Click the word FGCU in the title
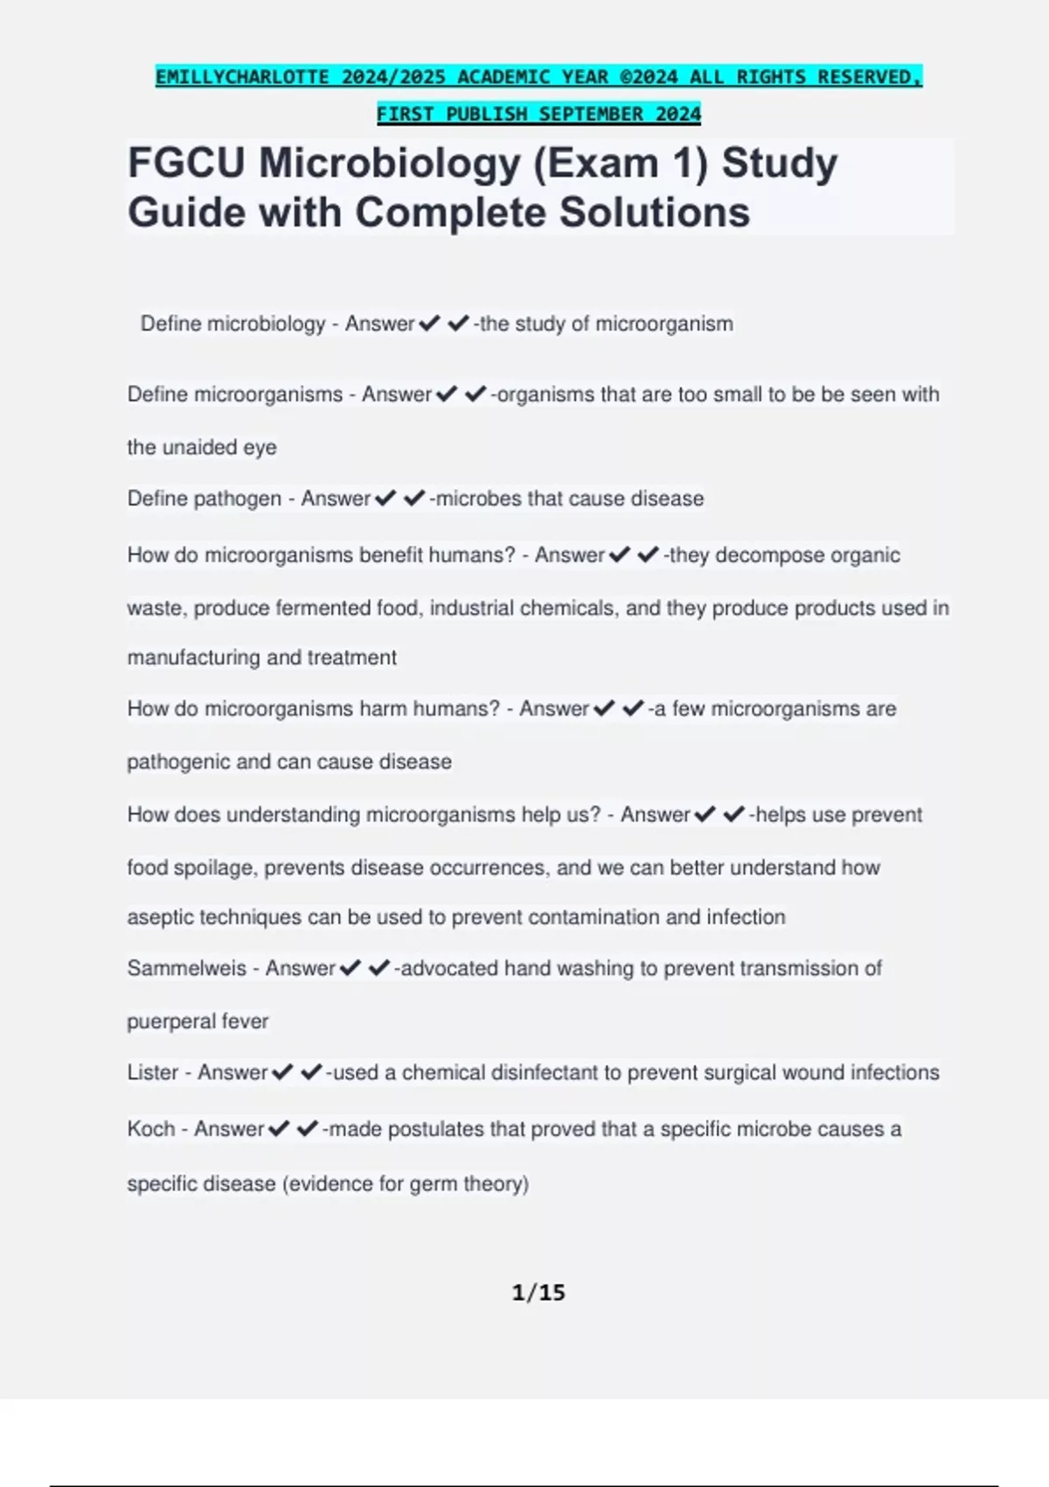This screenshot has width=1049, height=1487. point(186,164)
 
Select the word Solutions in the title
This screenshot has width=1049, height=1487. point(655,213)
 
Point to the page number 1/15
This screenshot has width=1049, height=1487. point(538,1292)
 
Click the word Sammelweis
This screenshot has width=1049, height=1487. point(186,968)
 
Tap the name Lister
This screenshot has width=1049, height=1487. point(153,1072)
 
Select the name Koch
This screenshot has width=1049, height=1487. point(151,1129)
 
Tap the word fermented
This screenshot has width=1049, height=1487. point(323,608)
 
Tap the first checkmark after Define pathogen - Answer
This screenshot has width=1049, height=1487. point(385,499)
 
